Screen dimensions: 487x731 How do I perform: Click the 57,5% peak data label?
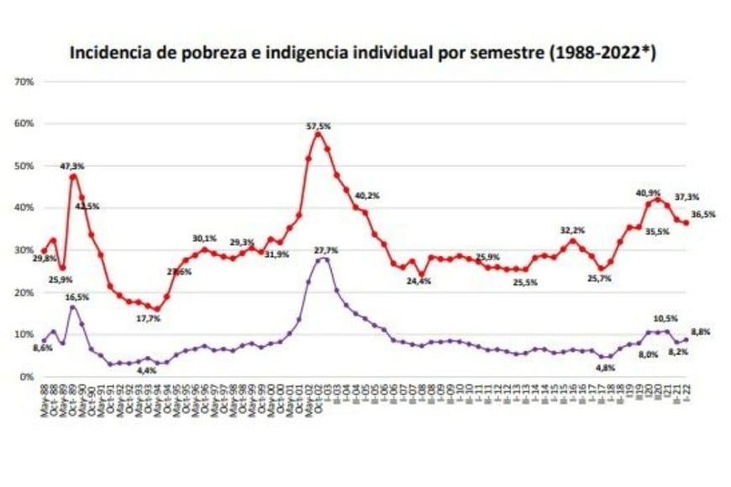318,125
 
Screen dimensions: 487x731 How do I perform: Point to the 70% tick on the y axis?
23,81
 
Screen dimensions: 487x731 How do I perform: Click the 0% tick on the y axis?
25,377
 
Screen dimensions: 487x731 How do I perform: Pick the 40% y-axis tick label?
23,207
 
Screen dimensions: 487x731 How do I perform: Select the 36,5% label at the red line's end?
702,215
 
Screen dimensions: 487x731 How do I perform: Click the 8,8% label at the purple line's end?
701,333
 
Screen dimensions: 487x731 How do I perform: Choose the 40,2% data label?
367,195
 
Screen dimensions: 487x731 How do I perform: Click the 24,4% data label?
418,281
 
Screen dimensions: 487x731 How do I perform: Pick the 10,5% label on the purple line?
666,318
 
